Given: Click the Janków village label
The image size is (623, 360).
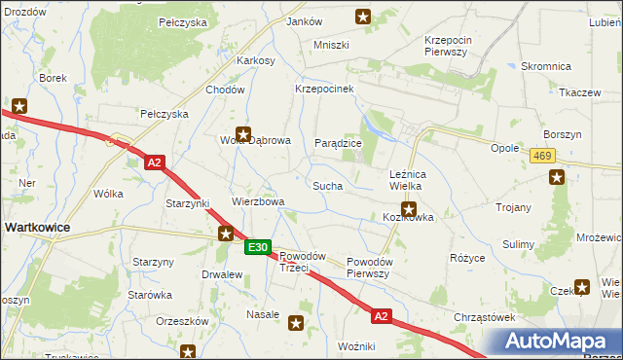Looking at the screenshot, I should coord(306,20).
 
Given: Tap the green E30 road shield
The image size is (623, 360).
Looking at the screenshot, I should coord(257,248).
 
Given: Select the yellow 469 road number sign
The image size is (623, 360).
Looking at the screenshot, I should coord(543,156).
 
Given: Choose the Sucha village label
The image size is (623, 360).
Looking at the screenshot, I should coord(326,184).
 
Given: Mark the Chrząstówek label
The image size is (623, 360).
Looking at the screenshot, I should coord(484,317).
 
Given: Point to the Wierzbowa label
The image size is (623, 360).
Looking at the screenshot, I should coord(257,202).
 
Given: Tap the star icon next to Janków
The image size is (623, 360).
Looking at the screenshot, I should coord(363,16).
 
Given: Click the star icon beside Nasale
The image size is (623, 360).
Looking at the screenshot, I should coord(297,321).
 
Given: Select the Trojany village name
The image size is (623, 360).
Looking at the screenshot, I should coord(513,207).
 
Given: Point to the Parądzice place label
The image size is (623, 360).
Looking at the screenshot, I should coord(338,143).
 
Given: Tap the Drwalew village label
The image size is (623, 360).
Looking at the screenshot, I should coord(221,274).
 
